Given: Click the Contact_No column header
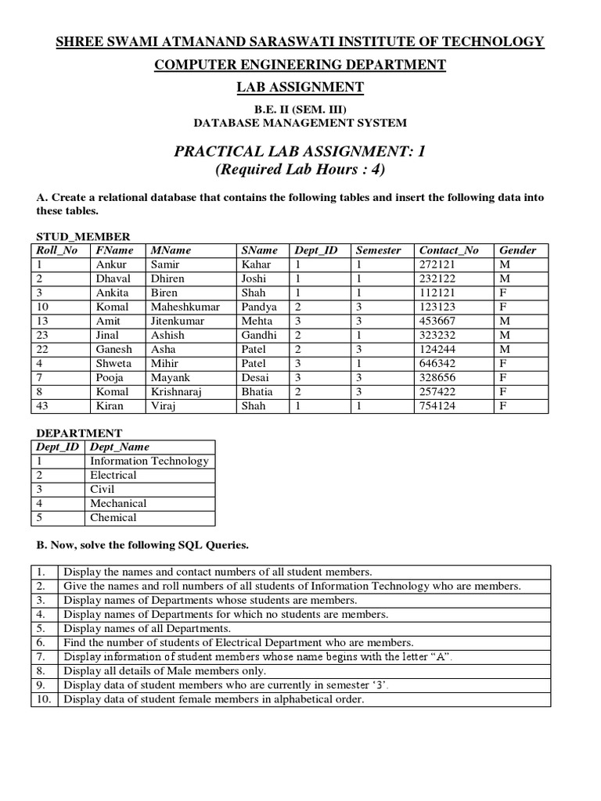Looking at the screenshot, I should point(448,250).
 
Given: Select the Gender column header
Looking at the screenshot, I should point(517,250).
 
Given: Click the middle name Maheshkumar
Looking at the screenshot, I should point(185,307).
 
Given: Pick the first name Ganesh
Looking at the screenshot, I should point(114,349).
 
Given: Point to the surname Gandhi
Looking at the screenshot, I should point(259,335).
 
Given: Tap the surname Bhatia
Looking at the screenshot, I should point(257,391).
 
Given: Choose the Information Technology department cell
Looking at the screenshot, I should point(149,461).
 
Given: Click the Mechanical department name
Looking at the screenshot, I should point(118,503).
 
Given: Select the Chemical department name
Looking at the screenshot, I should point(113,517).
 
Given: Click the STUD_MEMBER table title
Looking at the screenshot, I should point(83,236).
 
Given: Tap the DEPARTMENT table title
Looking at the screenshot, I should point(79,433).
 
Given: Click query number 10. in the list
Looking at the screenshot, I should point(44,699).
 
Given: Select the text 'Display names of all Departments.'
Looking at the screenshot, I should point(147,628).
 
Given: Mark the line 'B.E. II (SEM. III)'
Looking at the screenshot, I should point(300,109).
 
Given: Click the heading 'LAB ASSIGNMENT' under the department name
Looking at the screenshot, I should point(300,87).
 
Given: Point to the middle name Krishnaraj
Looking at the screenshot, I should point(181,391).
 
